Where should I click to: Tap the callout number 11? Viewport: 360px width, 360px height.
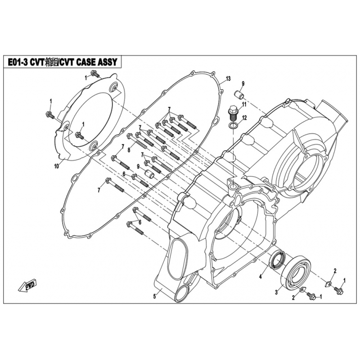coord(243,104)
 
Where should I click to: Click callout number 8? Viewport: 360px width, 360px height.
coord(129,150)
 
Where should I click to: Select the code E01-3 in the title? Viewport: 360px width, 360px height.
coord(18,63)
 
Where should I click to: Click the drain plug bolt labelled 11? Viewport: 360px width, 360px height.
coord(233,111)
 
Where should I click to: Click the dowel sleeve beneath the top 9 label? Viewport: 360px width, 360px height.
coord(240,96)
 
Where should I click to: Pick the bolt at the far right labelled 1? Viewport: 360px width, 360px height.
coord(339,291)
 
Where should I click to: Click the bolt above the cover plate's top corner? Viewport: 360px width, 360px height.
coord(94,73)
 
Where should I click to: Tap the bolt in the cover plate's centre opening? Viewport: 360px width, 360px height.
coord(79,135)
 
